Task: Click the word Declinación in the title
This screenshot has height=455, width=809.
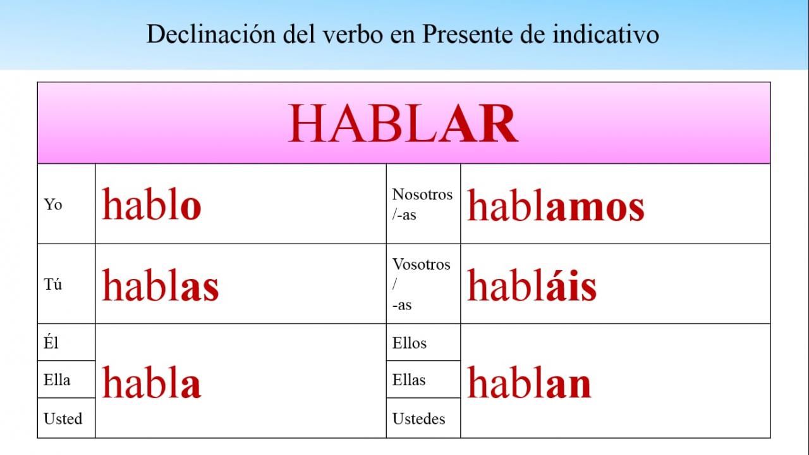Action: pyautogui.click(x=211, y=34)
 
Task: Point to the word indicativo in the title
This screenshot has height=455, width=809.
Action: pyautogui.click(x=605, y=34)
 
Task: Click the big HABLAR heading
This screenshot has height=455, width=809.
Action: pyautogui.click(x=403, y=123)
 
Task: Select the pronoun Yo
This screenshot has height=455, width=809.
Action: pyautogui.click(x=52, y=204)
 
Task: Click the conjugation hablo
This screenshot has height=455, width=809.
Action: pyautogui.click(x=151, y=204)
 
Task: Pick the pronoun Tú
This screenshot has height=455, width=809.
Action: pyautogui.click(x=52, y=284)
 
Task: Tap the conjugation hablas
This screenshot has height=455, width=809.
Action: pyautogui.click(x=161, y=285)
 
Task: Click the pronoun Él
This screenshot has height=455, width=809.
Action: pyautogui.click(x=51, y=342)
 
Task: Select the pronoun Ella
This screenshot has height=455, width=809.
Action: pyautogui.click(x=57, y=380)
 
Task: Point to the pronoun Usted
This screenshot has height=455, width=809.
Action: pyautogui.click(x=63, y=418)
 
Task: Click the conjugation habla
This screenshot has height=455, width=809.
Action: pyautogui.click(x=151, y=382)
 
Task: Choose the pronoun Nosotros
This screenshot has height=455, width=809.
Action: pyautogui.click(x=422, y=194)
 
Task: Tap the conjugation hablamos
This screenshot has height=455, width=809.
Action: pyautogui.click(x=556, y=204)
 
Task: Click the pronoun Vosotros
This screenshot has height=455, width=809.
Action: pyautogui.click(x=421, y=265)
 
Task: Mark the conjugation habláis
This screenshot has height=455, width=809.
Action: pyautogui.click(x=532, y=285)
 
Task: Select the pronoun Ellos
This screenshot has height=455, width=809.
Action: pyautogui.click(x=409, y=343)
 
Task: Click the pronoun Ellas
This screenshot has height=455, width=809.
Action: pyautogui.click(x=409, y=380)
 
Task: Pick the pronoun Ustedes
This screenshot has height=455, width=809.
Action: pyautogui.click(x=418, y=418)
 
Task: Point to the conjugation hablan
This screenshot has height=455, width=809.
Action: pyautogui.click(x=529, y=382)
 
